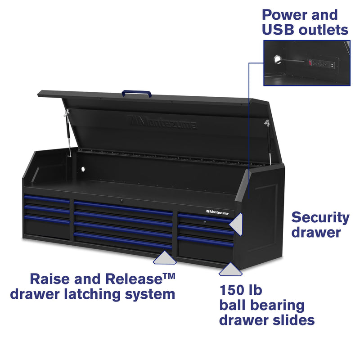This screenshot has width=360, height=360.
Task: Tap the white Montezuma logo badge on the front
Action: [219, 210]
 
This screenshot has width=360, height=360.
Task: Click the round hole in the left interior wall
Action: [83, 169]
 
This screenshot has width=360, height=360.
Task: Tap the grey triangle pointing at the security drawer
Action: [237, 222]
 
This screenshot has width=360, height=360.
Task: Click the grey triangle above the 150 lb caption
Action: [230, 270]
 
